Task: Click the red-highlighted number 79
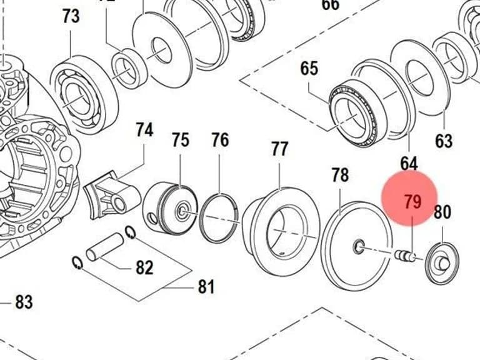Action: point(412,202)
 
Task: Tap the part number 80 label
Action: point(442,212)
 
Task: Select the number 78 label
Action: point(340,175)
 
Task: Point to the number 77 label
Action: point(279,149)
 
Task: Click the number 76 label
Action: point(220,140)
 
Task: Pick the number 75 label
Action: point(180,140)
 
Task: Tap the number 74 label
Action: point(144,130)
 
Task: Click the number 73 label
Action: point(71,16)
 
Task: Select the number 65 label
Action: point(309,68)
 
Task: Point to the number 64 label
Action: point(409,164)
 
